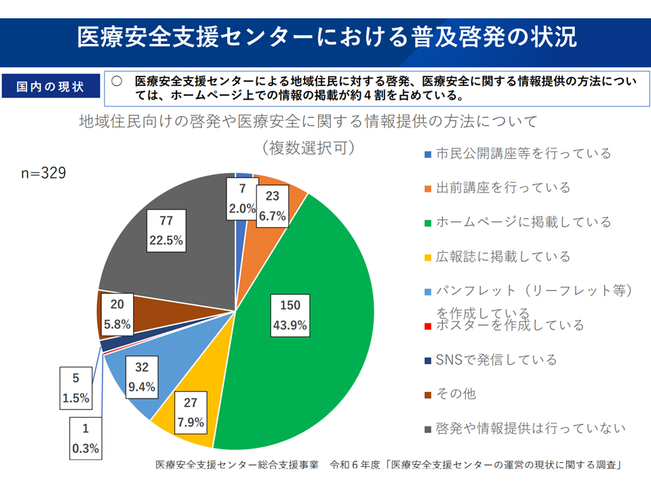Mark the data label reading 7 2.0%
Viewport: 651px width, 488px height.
(x=242, y=199)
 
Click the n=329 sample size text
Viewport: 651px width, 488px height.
(x=43, y=174)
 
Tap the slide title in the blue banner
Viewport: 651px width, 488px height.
(x=326, y=37)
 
